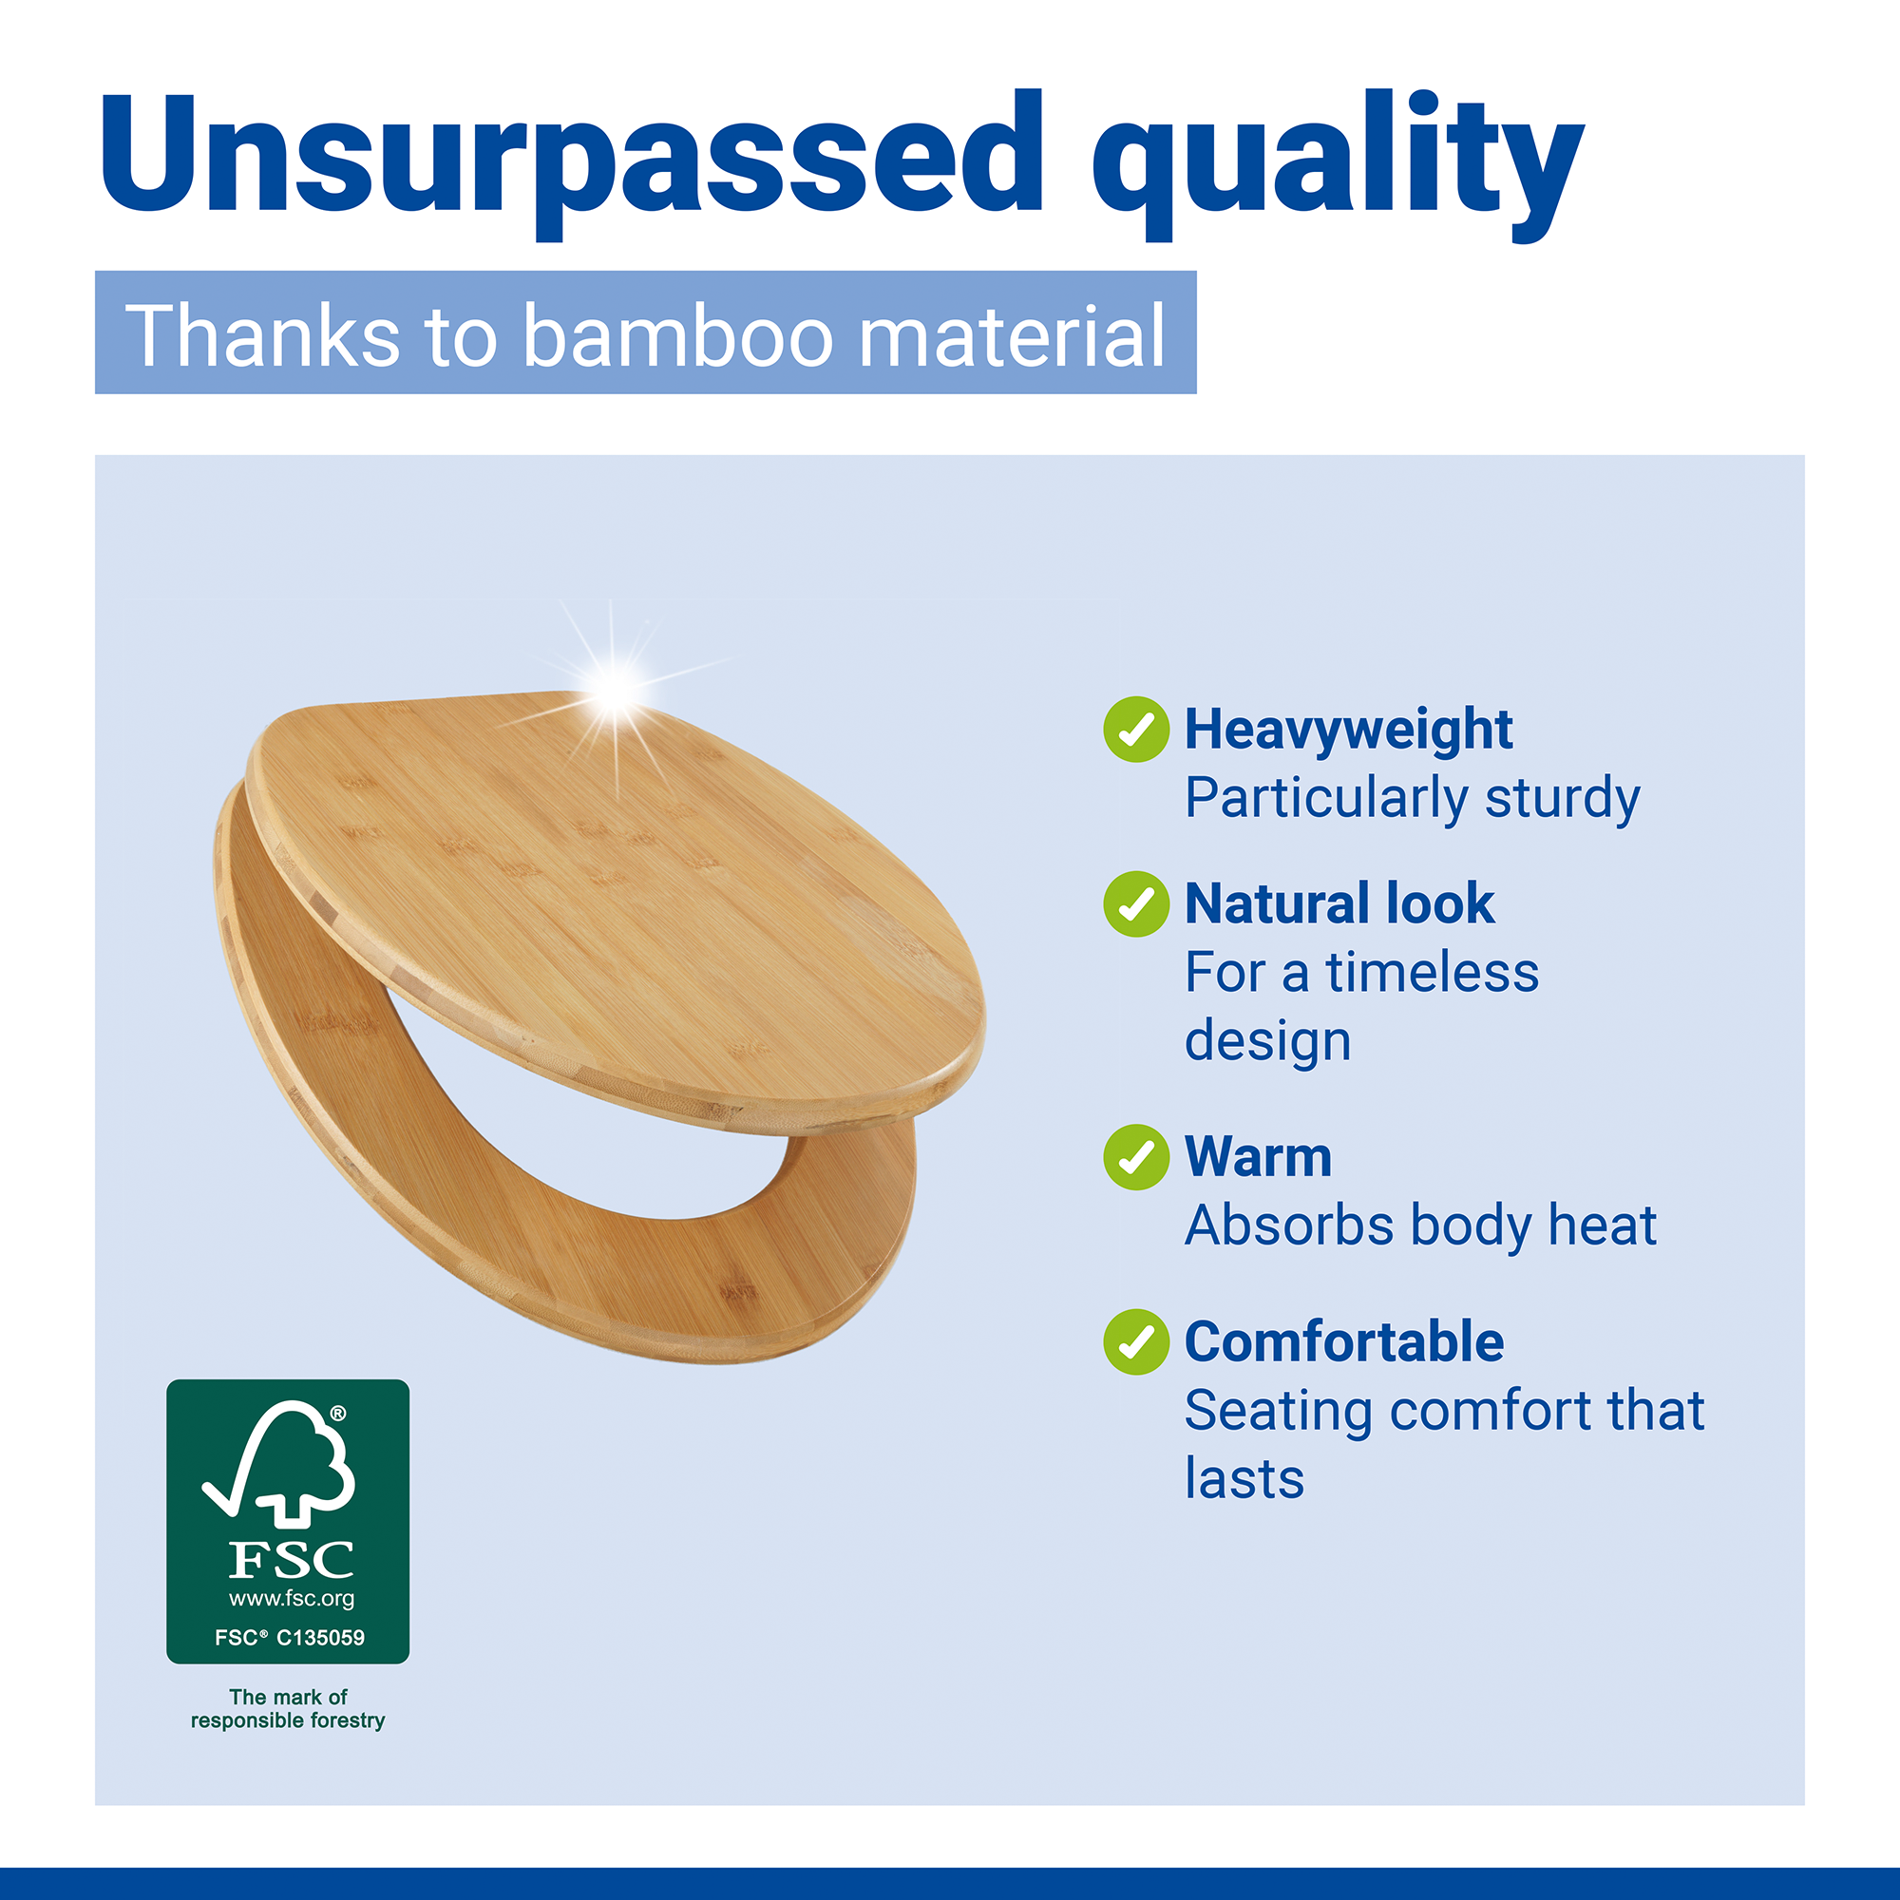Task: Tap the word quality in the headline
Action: tap(1339, 162)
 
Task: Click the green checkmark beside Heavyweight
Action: tap(1136, 729)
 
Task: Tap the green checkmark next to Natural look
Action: tap(1136, 903)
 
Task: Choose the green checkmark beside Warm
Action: tap(1136, 1156)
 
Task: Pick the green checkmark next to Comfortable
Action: tap(1136, 1341)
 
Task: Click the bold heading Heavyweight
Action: tap(1348, 731)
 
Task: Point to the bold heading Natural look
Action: tap(1339, 903)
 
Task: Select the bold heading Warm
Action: tap(1258, 1156)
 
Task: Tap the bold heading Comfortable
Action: tap(1344, 1341)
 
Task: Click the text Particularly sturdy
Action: tap(1413, 799)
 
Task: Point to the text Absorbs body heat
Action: tap(1421, 1225)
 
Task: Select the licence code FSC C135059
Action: tap(289, 1638)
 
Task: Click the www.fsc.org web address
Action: tap(291, 1598)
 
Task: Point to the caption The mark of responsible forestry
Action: tap(288, 1708)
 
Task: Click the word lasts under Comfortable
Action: tap(1244, 1479)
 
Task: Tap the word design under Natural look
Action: tap(1267, 1041)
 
